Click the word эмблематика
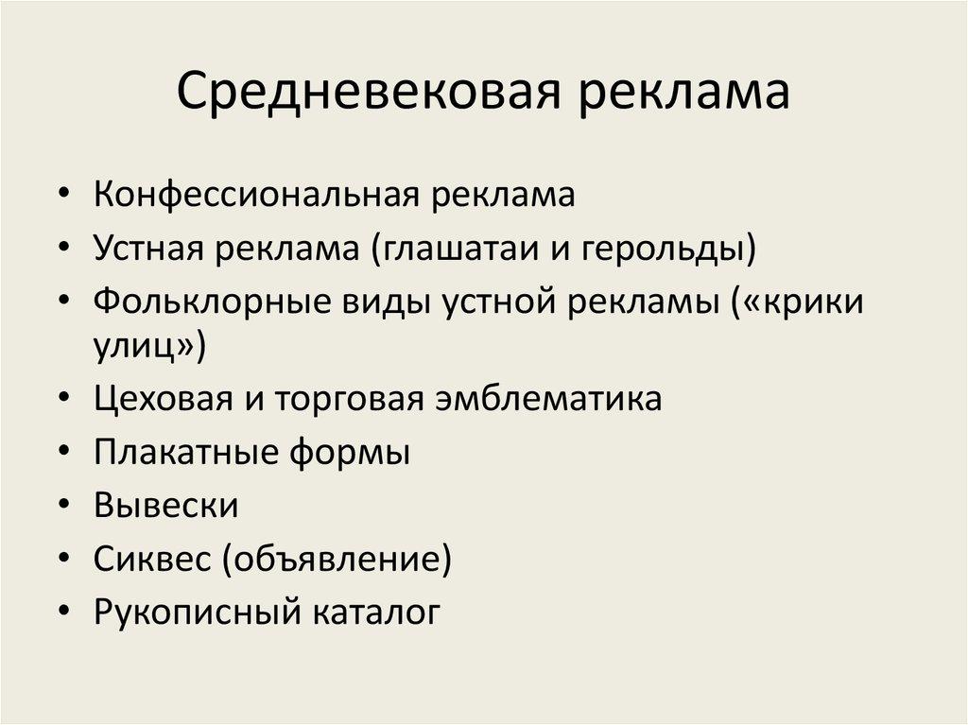coord(548,399)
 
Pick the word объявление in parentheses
coord(337,560)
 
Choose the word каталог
coord(372,613)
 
